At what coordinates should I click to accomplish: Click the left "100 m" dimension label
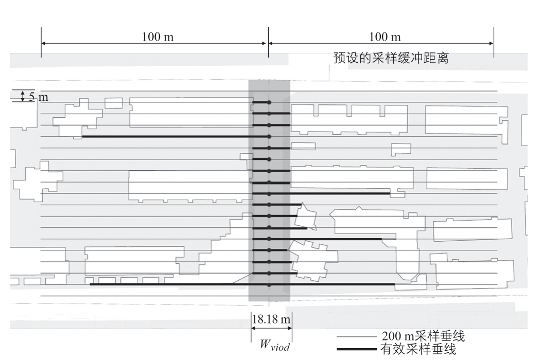pyautogui.click(x=158, y=37)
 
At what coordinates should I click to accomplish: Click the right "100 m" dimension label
pyautogui.click(x=384, y=37)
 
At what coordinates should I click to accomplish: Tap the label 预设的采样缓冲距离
pyautogui.click(x=391, y=58)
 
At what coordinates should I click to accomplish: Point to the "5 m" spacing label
pyautogui.click(x=39, y=97)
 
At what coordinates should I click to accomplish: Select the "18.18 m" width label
pyautogui.click(x=271, y=319)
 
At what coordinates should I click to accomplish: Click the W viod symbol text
pyautogui.click(x=275, y=345)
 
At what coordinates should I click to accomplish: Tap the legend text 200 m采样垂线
pyautogui.click(x=424, y=336)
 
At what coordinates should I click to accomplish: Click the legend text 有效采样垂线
pyautogui.click(x=418, y=349)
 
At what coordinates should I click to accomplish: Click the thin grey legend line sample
pyautogui.click(x=357, y=336)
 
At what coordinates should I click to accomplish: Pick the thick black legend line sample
pyautogui.click(x=357, y=349)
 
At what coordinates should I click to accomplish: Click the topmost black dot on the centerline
pyautogui.click(x=269, y=103)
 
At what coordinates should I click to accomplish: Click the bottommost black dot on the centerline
pyautogui.click(x=269, y=285)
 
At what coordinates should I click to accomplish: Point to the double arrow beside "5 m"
pyautogui.click(x=23, y=96)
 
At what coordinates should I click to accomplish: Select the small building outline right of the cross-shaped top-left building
pyautogui.click(x=113, y=103)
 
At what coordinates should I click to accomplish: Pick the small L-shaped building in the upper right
pyautogui.click(x=401, y=150)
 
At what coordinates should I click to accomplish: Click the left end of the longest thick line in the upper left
pyautogui.click(x=83, y=137)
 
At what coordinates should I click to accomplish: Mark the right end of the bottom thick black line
pyautogui.click(x=395, y=284)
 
